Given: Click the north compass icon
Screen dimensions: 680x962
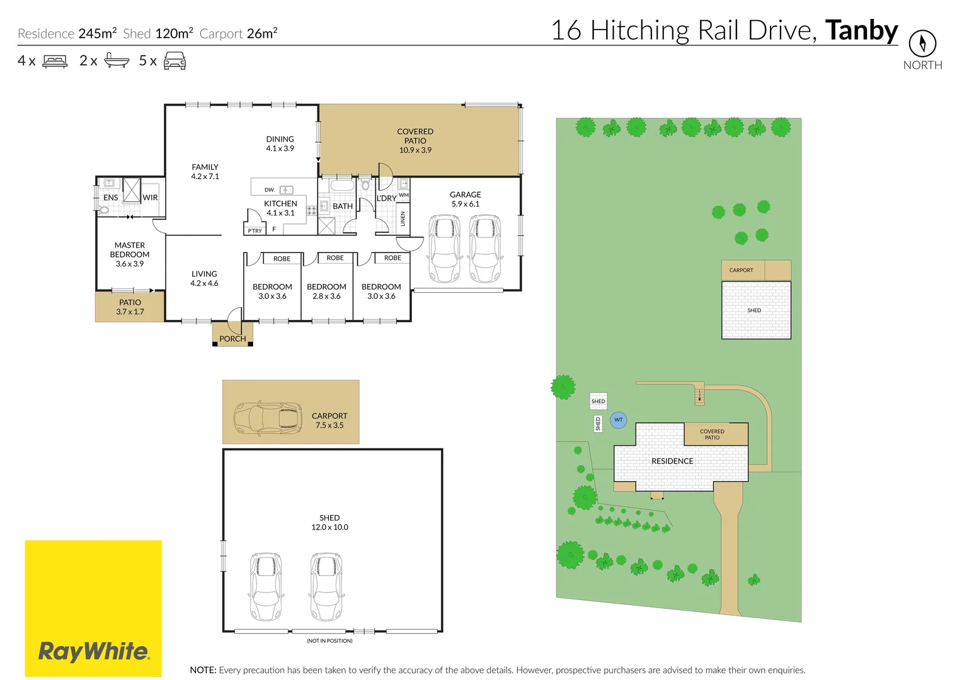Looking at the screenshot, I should pos(922,43).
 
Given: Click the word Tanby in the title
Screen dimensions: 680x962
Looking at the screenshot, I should pos(861,30).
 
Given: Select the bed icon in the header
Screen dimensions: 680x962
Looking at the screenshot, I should pos(55,61).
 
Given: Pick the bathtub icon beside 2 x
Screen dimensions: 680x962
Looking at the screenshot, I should pos(117,60).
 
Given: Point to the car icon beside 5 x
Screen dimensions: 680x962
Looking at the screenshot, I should pos(175,61).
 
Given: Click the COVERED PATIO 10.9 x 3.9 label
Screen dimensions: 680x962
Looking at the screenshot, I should pos(415,141).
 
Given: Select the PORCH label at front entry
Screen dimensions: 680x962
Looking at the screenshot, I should pos(232,339).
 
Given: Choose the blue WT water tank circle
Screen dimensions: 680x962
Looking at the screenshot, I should pos(619,420).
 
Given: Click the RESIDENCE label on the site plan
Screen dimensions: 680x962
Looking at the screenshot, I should pos(672,461).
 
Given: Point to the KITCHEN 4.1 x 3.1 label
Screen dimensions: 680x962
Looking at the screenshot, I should pos(280,208).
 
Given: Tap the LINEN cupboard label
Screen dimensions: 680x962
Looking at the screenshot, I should pos(403,219).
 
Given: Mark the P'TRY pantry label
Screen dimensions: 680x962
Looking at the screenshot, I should pos(255,231).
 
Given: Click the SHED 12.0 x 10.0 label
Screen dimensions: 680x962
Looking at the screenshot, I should pos(329,523).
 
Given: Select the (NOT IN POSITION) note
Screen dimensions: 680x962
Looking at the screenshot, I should pos(329,641).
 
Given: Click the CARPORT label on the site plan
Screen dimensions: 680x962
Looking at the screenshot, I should pos(741,270).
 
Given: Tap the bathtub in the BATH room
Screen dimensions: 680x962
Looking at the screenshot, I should pos(343,186).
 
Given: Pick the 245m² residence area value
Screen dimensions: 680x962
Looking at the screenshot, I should pos(97,33).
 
